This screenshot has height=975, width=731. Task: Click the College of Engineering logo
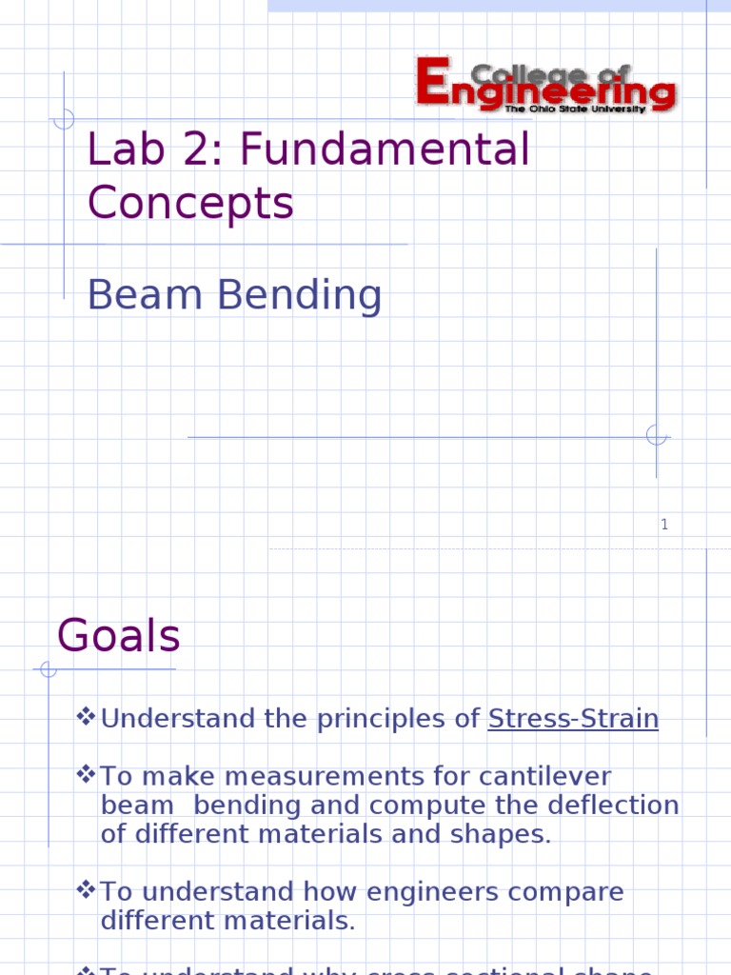tap(546, 85)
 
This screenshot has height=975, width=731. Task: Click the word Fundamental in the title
tap(385, 149)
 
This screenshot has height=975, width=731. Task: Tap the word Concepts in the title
tap(190, 203)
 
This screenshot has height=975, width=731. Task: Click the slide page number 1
tap(664, 525)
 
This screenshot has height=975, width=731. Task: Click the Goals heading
tap(119, 635)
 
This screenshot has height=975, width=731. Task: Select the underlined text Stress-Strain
tap(573, 719)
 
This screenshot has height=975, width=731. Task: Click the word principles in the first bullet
tap(385, 720)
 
